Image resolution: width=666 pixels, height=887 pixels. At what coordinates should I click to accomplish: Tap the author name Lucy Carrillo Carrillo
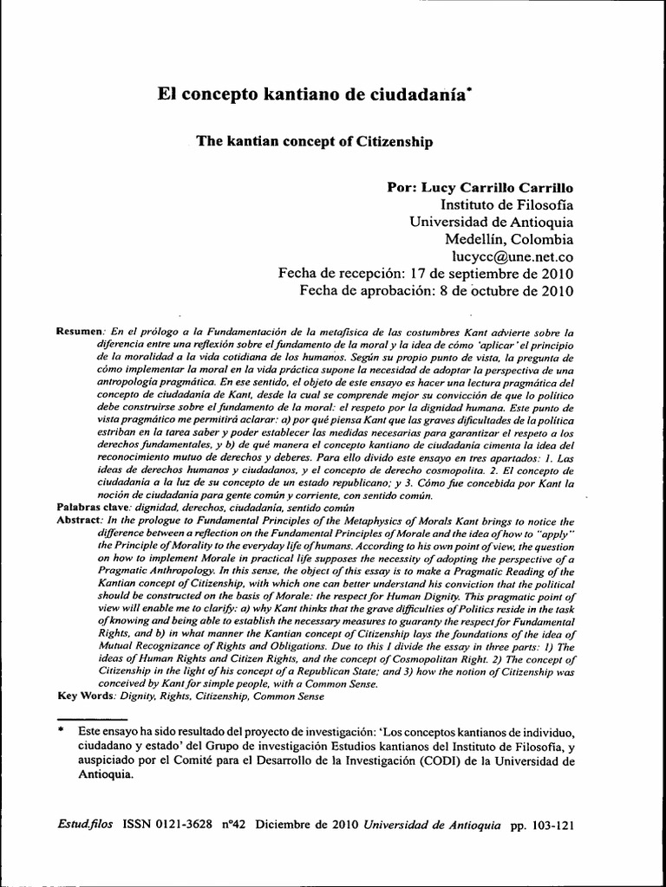click(x=480, y=187)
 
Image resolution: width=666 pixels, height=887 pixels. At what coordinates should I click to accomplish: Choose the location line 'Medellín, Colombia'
click(x=509, y=239)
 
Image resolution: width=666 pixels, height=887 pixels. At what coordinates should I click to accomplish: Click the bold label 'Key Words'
click(x=84, y=695)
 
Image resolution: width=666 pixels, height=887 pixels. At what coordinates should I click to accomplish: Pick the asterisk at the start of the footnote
click(x=61, y=731)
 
